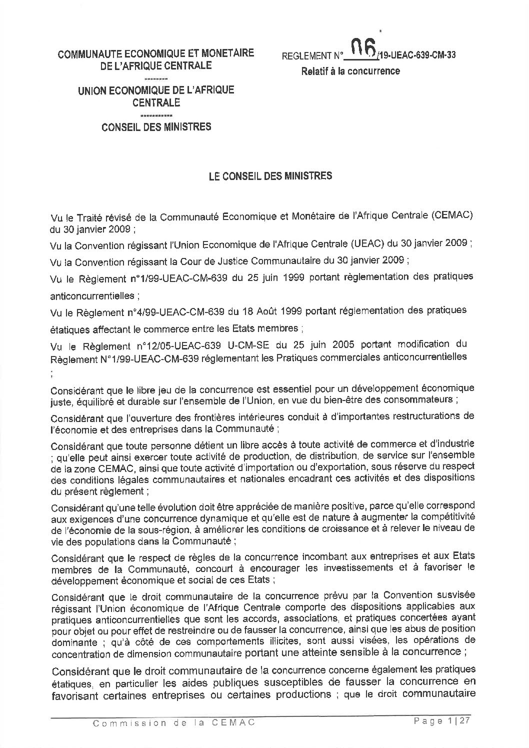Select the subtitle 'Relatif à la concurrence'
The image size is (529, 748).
coord(350,71)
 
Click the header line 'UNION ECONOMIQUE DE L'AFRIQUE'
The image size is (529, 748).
coord(155,91)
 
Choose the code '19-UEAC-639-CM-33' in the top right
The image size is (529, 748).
coord(417,56)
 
